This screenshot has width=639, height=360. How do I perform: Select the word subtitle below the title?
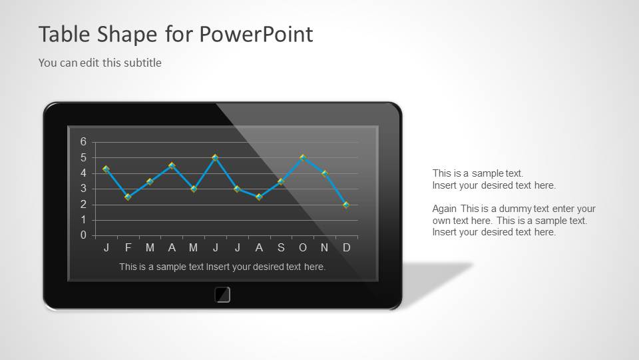click(x=142, y=63)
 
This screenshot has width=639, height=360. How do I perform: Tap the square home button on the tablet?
click(x=222, y=295)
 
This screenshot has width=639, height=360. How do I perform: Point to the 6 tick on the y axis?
click(x=84, y=142)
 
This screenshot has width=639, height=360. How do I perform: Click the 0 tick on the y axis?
click(x=84, y=235)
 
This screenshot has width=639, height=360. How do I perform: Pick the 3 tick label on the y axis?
click(x=84, y=189)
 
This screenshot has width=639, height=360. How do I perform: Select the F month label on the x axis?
click(x=128, y=248)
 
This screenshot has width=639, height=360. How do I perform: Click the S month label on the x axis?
click(x=281, y=248)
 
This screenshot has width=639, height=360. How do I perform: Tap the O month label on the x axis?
click(x=303, y=248)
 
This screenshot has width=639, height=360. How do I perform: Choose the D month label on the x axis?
click(x=347, y=248)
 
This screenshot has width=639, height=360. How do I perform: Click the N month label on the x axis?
click(x=325, y=248)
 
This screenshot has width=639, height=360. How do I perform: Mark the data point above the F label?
click(x=128, y=197)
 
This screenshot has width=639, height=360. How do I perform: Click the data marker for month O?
click(x=303, y=158)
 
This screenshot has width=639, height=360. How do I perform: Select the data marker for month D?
click(x=346, y=205)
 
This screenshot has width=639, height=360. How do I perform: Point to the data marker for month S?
click(x=281, y=181)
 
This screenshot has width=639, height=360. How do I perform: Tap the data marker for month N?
click(x=325, y=173)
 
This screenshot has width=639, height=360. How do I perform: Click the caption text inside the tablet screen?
click(x=222, y=267)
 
